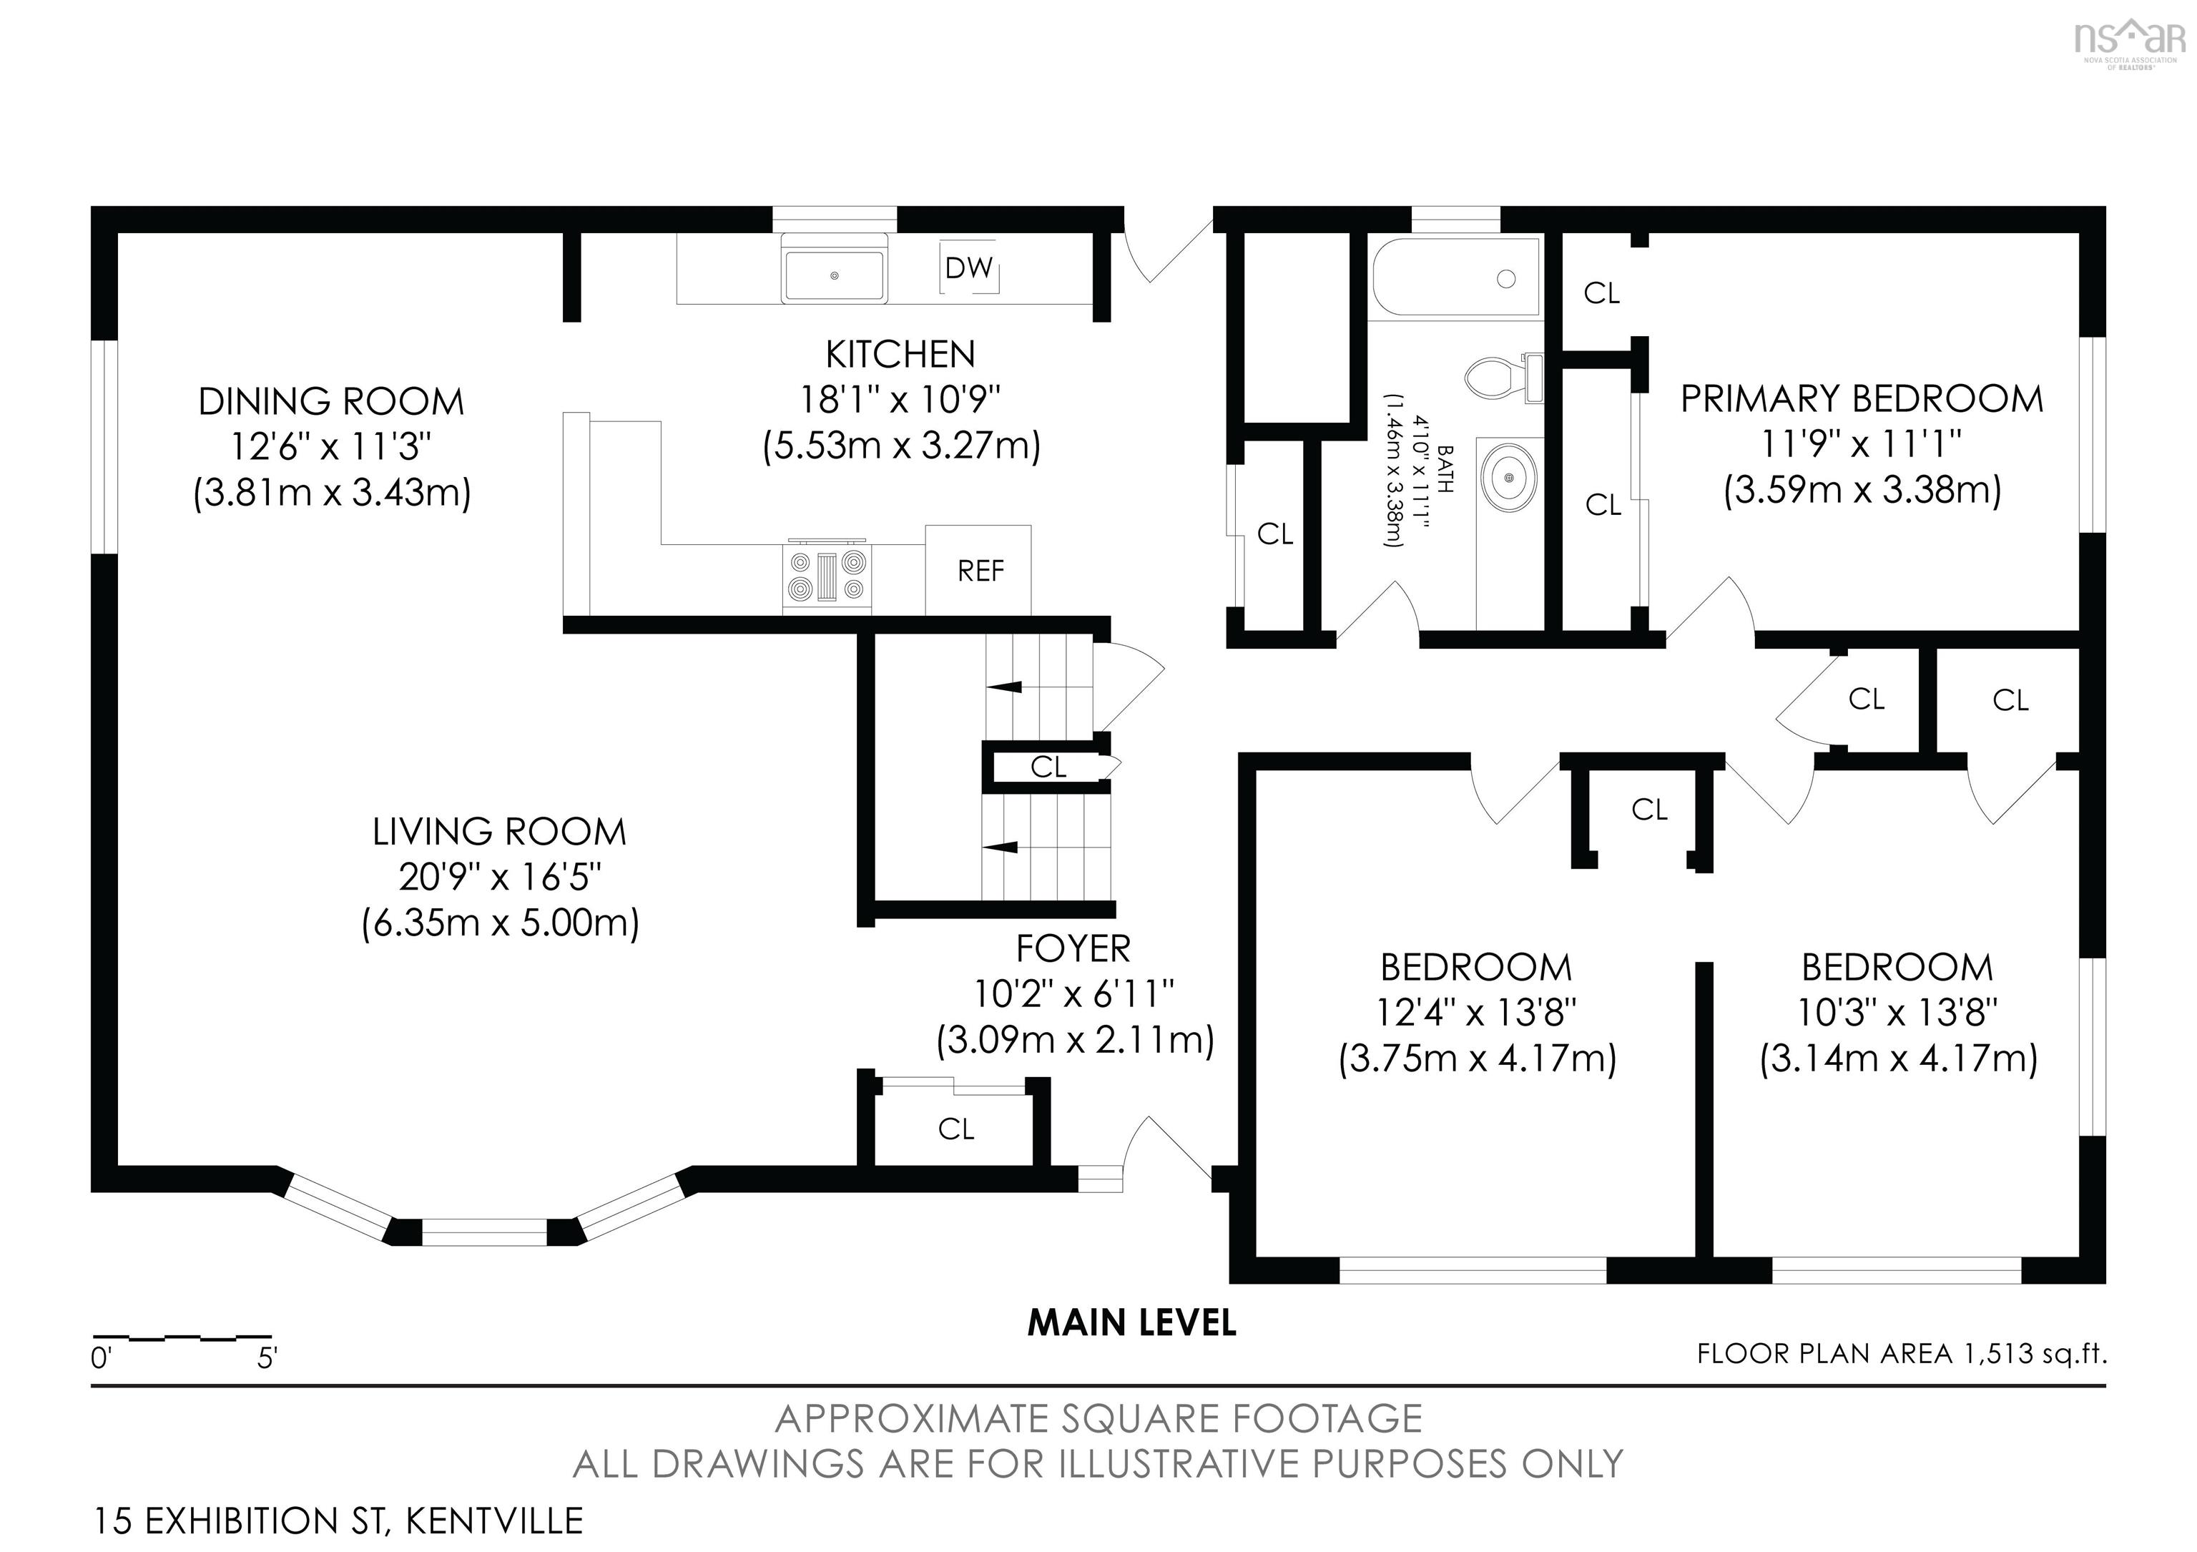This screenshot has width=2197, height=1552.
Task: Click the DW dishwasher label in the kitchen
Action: (968, 268)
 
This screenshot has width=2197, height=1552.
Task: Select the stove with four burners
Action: (827, 575)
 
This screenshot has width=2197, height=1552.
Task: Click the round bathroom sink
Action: (1510, 476)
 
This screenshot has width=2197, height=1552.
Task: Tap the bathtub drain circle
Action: (1506, 280)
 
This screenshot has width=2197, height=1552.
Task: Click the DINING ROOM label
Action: (331, 401)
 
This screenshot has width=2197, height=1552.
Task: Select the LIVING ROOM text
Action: (499, 832)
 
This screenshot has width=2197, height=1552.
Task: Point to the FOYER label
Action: (1073, 948)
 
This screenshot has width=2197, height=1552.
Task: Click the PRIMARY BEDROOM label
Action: (1862, 398)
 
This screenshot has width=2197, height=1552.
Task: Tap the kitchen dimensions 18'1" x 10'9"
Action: (900, 399)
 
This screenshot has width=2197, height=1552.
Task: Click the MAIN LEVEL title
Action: (1132, 1322)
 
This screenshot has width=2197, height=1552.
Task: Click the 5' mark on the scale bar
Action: (267, 1357)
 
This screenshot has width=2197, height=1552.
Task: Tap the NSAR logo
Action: (2130, 43)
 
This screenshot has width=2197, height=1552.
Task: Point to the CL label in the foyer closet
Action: (956, 1129)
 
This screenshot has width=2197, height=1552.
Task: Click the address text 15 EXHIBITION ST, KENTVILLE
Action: (338, 1521)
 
